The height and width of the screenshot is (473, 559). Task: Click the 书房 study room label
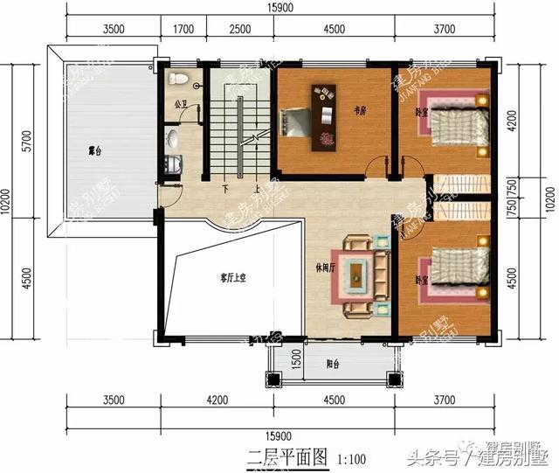(x=359, y=111)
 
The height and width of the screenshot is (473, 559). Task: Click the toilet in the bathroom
(x=180, y=79)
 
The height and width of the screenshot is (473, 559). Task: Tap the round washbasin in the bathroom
(x=174, y=138)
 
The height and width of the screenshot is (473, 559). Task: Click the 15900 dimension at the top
(x=282, y=9)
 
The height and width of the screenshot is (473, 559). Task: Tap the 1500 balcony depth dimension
(x=296, y=358)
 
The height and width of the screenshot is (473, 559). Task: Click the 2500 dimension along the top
(x=240, y=29)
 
